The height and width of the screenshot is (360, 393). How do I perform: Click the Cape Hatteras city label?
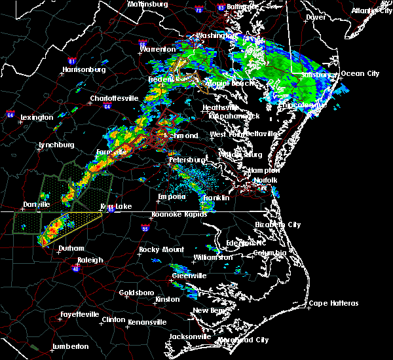click(334, 303)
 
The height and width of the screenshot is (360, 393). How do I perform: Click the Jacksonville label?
click(189, 336)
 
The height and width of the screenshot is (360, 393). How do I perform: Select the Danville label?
click(36, 204)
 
